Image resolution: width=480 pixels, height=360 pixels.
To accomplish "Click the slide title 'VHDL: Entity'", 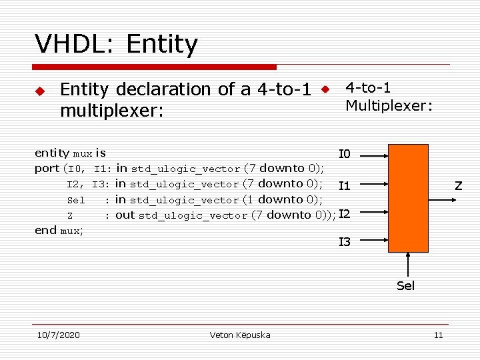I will click(117, 45).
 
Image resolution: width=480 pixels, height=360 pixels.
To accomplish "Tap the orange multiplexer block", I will click(409, 198).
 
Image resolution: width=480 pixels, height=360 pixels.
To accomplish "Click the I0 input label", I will click(345, 155).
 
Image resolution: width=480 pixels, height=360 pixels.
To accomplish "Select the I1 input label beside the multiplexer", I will click(345, 185).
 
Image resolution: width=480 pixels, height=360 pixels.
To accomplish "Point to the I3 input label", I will click(345, 242).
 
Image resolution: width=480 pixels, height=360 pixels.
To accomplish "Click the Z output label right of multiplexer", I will click(459, 185).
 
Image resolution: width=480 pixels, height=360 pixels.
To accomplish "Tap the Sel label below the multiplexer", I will click(405, 286).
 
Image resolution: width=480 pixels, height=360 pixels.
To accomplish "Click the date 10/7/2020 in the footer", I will click(59, 335).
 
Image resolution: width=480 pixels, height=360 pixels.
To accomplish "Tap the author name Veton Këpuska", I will click(240, 335).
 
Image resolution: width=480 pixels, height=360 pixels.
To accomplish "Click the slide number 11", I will click(438, 335).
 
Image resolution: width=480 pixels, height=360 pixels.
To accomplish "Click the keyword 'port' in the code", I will click(47, 168).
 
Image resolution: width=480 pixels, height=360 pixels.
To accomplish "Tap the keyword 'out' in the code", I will click(125, 215).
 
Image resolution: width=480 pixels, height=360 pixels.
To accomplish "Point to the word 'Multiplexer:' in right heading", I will click(389, 105).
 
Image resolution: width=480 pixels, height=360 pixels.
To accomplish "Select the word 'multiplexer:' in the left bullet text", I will click(111, 110).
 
